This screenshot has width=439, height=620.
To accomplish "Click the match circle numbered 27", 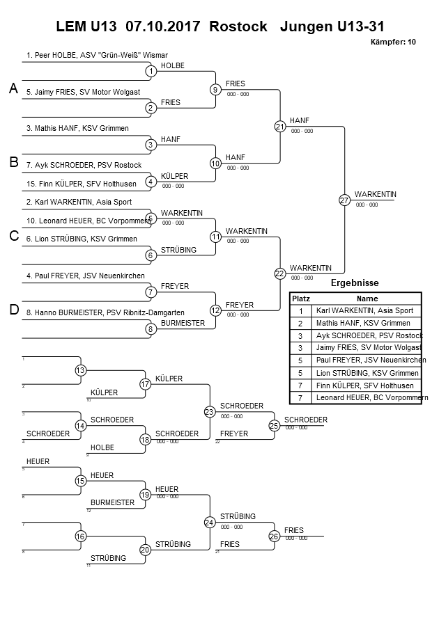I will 344,200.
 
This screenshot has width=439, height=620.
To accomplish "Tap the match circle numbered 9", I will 215,89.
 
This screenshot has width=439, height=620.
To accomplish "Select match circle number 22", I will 279,273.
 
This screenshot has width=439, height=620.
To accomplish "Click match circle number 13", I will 81,370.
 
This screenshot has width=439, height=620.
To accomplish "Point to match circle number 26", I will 274,536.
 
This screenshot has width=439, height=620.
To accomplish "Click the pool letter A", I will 13,88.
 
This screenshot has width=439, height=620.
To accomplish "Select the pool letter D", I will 13,310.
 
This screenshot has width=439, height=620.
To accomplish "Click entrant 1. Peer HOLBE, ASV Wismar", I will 97,54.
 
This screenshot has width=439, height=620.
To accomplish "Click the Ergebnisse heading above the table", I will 354,283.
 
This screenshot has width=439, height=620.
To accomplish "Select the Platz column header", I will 300,298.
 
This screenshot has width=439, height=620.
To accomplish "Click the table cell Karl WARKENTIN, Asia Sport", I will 364,310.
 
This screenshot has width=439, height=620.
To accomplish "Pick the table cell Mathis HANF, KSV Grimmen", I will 363,323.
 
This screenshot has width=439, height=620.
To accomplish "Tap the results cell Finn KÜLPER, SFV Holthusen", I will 364,385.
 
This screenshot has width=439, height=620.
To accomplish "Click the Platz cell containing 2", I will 300,323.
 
